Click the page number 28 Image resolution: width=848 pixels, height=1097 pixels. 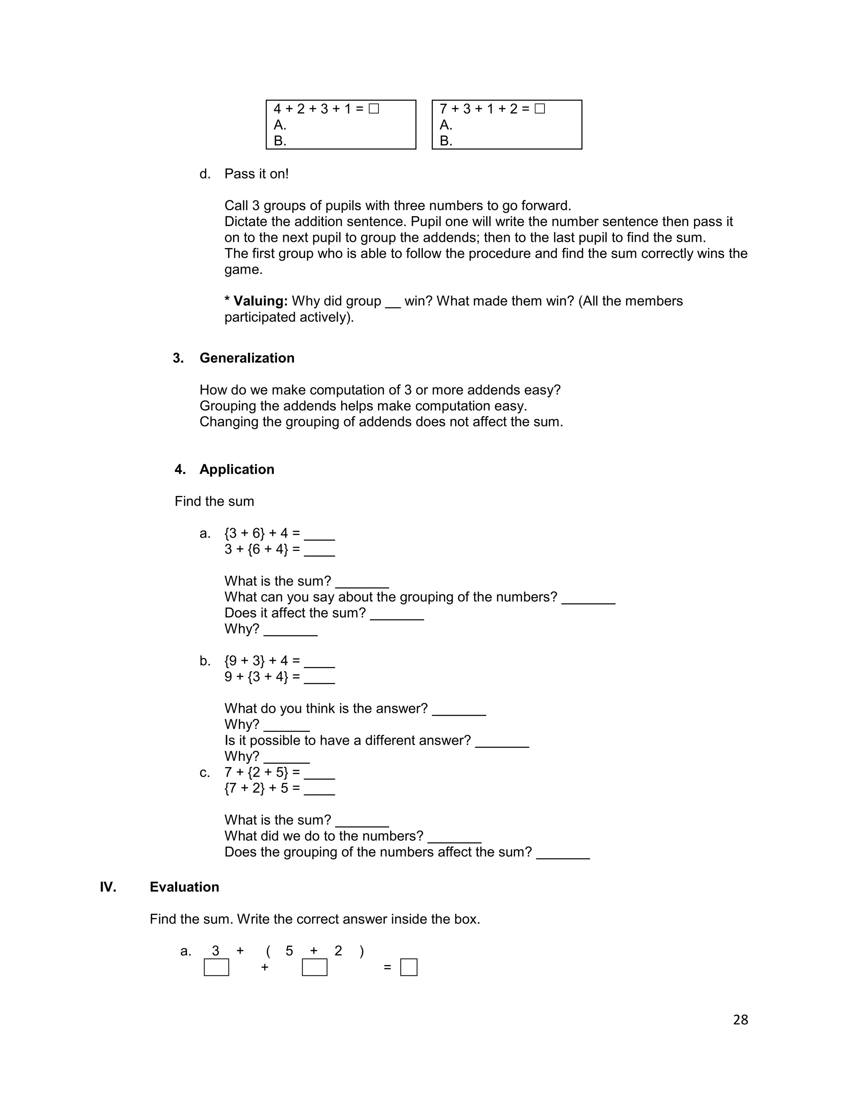[x=740, y=1019]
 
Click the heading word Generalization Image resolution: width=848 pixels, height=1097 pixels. [x=247, y=358]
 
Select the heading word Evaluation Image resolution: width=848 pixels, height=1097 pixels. [x=184, y=887]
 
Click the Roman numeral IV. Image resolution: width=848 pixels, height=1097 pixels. [x=108, y=887]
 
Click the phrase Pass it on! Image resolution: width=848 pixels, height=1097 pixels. [x=256, y=174]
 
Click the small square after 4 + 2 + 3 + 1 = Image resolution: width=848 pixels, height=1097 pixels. [x=373, y=108]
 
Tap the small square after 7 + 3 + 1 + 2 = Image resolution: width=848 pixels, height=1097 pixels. [x=540, y=108]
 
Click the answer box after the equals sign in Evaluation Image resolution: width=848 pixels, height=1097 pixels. [x=408, y=967]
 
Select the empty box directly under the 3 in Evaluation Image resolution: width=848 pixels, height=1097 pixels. [x=216, y=967]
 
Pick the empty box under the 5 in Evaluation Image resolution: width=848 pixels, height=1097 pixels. [x=315, y=967]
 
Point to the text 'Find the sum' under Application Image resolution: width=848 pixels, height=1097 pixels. [x=214, y=501]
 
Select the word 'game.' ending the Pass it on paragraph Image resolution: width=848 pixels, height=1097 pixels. [x=243, y=270]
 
